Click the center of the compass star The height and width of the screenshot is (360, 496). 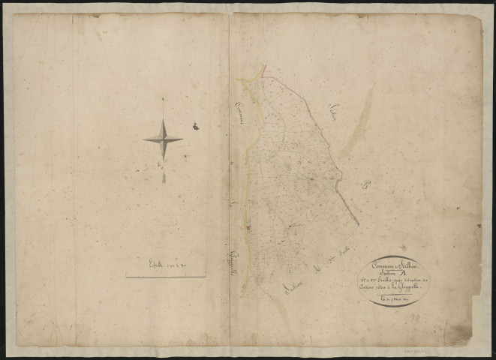[163, 139]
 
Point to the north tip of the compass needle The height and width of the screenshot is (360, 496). [163, 100]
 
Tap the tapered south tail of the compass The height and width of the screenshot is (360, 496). [164, 178]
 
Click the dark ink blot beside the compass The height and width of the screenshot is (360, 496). [194, 127]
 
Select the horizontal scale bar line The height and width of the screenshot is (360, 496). [165, 276]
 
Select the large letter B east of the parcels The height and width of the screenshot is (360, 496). [368, 187]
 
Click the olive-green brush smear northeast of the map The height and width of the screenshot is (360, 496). [356, 127]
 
